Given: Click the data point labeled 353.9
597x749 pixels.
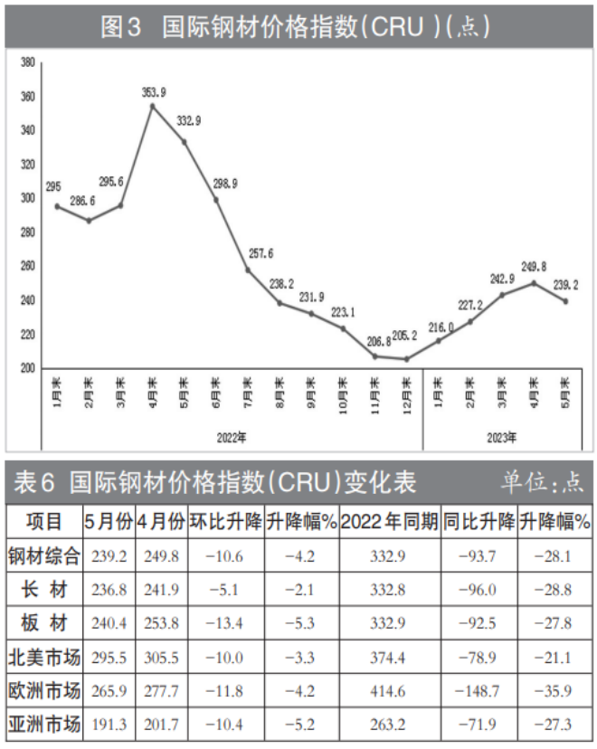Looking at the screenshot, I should tap(152, 106).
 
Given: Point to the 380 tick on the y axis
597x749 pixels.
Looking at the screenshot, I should tap(27, 63).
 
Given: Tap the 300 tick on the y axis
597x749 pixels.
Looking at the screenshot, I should tap(27, 199).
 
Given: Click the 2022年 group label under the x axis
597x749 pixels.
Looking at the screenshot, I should tap(232, 438).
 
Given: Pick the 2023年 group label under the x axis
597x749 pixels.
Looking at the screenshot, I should tap(502, 438).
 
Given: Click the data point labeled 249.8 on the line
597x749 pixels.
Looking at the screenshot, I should tap(534, 282).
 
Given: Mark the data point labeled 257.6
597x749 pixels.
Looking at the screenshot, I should tap(248, 270).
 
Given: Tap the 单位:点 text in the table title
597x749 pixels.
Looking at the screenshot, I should tap(543, 483).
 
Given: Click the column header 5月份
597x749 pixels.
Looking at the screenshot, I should tap(109, 522).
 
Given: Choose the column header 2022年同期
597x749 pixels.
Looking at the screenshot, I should tap(391, 522).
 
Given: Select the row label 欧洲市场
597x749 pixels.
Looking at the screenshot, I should tap(43, 691).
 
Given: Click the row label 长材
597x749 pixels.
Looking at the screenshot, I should tap(43, 590).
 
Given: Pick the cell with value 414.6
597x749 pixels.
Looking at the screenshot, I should tap(391, 691).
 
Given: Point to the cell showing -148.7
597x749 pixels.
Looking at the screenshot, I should tap(479, 691).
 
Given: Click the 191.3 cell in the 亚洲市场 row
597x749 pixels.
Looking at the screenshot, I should tap(109, 725).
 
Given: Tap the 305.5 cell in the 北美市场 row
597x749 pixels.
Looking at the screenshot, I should tap(162, 658).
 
